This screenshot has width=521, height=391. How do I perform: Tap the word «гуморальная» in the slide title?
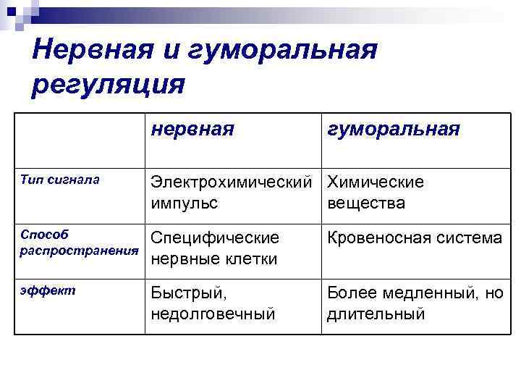coord(284,51)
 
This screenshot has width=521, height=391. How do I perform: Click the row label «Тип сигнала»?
coord(60,179)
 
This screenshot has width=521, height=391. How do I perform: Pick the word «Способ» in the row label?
coord(44,235)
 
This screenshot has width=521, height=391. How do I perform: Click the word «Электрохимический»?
coord(234,181)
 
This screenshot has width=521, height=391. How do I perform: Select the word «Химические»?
coord(376,181)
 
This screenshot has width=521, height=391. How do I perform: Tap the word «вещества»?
coord(366,203)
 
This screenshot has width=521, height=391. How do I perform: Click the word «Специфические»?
coord(215,237)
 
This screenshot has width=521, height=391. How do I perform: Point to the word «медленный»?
coord(423,293)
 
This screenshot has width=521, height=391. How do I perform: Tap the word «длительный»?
coord(375,314)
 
